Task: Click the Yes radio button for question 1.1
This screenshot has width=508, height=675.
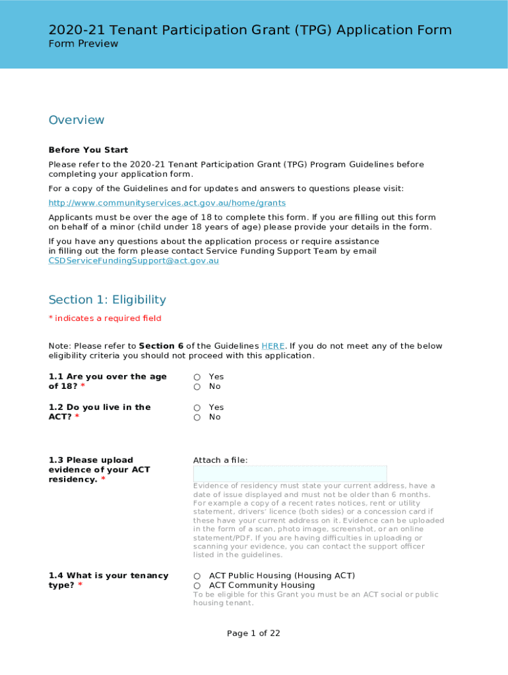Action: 197,377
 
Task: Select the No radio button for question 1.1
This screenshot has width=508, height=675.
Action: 197,387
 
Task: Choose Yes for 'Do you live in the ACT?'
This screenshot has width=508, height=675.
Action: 197,407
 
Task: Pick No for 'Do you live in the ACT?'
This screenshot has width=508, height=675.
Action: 197,417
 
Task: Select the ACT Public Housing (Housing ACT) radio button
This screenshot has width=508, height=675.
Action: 197,576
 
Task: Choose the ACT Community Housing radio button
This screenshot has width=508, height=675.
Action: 197,585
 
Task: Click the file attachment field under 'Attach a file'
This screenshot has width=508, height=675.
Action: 290,474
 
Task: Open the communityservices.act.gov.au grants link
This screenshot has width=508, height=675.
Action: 167,203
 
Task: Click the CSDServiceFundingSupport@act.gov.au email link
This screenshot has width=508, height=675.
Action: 133,260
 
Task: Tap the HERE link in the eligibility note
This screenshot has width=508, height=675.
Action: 273,346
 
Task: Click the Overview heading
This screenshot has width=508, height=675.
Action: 77,120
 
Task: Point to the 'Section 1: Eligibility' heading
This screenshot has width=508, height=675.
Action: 107,300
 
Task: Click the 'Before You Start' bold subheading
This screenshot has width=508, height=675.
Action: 88,150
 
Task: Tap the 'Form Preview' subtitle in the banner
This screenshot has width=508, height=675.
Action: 83,44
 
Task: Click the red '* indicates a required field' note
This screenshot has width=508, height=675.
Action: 105,318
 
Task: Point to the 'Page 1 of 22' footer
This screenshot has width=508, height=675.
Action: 253,633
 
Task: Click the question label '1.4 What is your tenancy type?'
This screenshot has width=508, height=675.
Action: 108,580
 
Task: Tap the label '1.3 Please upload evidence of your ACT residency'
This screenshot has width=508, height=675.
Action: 99,469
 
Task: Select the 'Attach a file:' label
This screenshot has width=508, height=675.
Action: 220,460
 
